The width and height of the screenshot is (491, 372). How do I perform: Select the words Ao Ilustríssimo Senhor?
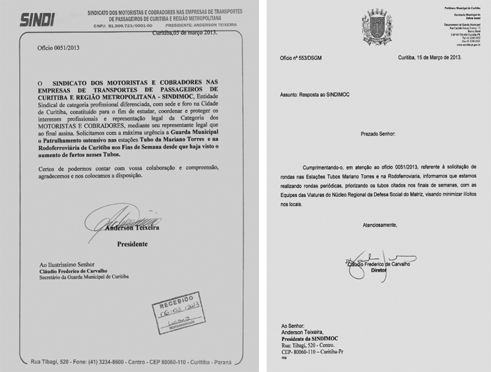point(66,265)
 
